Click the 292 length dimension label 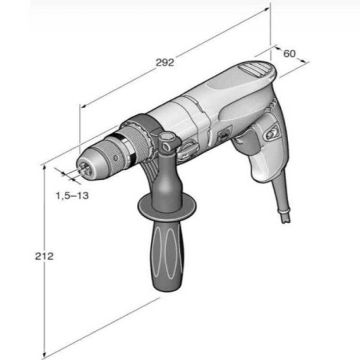pos(165,62)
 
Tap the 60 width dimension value pos(289,54)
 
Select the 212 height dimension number pos(44,256)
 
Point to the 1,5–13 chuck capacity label pos(72,196)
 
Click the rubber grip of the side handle pos(168,255)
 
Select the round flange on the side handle pos(167,204)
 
